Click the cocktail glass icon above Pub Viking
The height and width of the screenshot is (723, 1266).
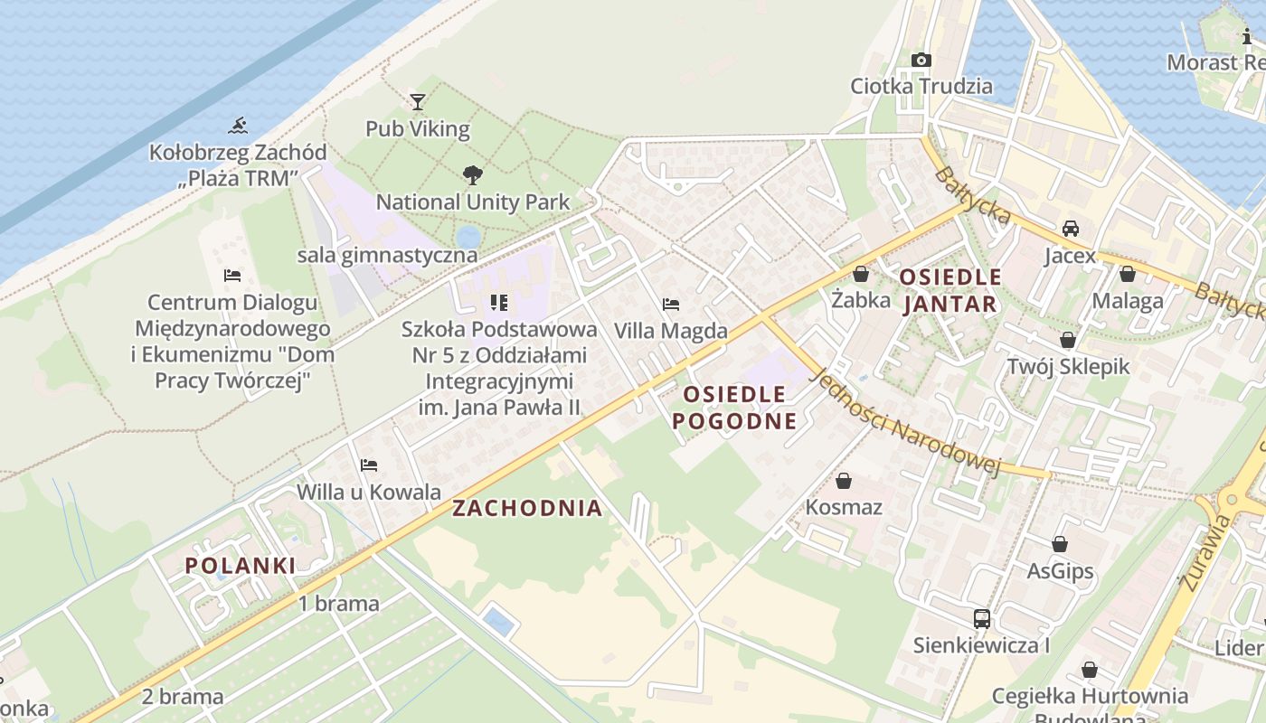(417, 101)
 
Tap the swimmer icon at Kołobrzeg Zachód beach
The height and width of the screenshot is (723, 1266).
(238, 125)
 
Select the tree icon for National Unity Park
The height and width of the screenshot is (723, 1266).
(471, 175)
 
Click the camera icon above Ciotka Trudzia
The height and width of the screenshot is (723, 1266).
(921, 60)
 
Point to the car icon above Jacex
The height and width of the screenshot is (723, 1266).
(1071, 229)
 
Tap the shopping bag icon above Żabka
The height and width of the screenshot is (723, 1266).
(861, 273)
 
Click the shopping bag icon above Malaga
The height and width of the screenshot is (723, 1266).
(1127, 274)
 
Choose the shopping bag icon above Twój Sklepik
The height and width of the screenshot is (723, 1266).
(1068, 340)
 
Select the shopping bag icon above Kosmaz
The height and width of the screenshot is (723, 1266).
(844, 481)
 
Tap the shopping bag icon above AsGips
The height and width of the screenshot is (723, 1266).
(1060, 544)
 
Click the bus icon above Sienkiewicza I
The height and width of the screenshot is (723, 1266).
(981, 619)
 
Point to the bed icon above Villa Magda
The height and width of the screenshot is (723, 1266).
(670, 305)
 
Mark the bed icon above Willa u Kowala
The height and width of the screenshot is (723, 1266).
(369, 465)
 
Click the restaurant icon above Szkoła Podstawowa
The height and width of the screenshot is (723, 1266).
(498, 303)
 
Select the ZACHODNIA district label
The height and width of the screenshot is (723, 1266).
(527, 508)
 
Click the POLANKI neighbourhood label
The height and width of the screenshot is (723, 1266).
(241, 566)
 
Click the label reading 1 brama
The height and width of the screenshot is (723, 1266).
(339, 604)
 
